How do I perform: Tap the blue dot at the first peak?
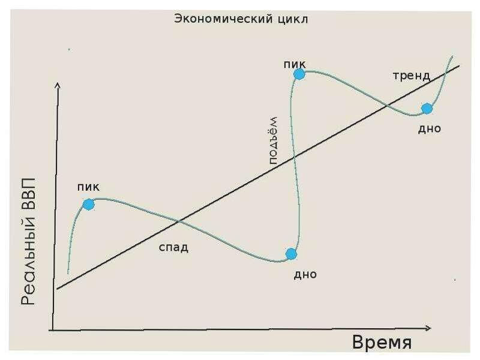(89, 205)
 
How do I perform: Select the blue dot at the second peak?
(299, 74)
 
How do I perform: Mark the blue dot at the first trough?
(291, 254)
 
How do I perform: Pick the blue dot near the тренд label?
(427, 109)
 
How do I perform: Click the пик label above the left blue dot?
(88, 187)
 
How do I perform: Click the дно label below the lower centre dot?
(305, 275)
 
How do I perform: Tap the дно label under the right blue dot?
(430, 128)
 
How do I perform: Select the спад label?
(173, 247)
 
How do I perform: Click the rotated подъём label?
(271, 139)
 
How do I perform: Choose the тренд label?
(412, 76)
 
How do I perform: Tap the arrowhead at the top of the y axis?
(58, 86)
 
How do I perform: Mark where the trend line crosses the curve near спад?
(179, 221)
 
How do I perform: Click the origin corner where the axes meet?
(53, 329)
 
